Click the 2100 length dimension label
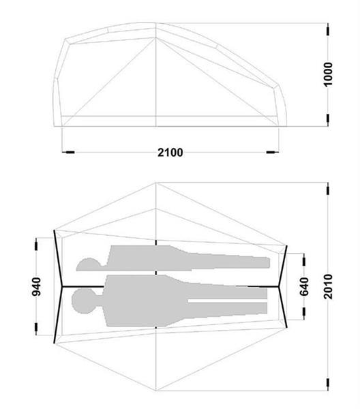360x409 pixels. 170,152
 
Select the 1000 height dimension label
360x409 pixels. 328,74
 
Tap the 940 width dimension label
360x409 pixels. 36,287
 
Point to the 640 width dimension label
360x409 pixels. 304,287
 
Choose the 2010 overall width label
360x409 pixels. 328,286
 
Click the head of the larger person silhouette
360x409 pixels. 84,301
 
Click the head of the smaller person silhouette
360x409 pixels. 89,264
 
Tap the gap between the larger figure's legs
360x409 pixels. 228,301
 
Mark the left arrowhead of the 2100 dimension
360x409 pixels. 69,152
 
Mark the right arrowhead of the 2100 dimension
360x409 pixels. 272,152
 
